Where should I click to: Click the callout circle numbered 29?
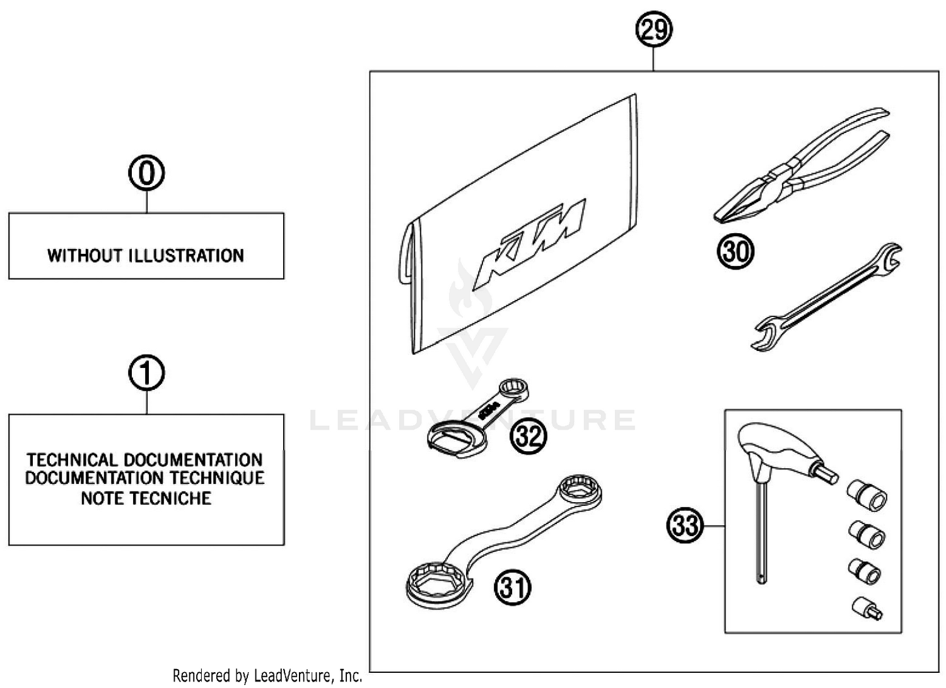pyautogui.click(x=654, y=30)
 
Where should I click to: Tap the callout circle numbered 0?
pyautogui.click(x=146, y=173)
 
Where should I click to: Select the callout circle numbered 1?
pyautogui.click(x=146, y=373)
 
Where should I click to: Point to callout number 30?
pyautogui.click(x=735, y=251)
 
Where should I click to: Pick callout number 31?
pyautogui.click(x=512, y=587)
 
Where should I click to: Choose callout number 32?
pyautogui.click(x=528, y=435)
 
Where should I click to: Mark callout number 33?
pyautogui.click(x=685, y=525)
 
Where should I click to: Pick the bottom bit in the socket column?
pyautogui.click(x=867, y=608)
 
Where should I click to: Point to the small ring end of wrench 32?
pyautogui.click(x=514, y=389)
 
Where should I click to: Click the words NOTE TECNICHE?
pyautogui.click(x=146, y=498)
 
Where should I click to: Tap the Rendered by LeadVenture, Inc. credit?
pyautogui.click(x=267, y=675)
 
